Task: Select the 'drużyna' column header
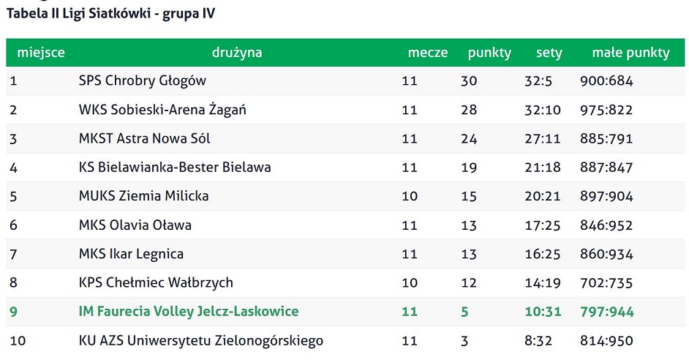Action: tap(237, 53)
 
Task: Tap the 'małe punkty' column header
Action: tap(630, 53)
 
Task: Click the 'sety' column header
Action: tap(549, 53)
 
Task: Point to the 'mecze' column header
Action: tap(428, 53)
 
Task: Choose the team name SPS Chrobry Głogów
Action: tap(143, 81)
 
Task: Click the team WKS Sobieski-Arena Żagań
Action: tap(162, 110)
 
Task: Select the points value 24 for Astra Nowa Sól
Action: tap(469, 138)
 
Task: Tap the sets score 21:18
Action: tap(543, 168)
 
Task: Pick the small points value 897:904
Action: tap(606, 196)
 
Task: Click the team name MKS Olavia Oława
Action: tap(135, 225)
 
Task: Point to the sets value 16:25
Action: tap(543, 254)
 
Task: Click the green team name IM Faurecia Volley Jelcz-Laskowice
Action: tap(189, 312)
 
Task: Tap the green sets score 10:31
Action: tap(543, 312)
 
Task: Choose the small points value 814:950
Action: tap(606, 340)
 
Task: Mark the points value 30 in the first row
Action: tap(469, 81)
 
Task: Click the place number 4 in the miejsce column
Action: tap(13, 168)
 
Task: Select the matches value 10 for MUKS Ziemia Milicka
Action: tap(410, 196)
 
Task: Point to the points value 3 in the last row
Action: tap(464, 340)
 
